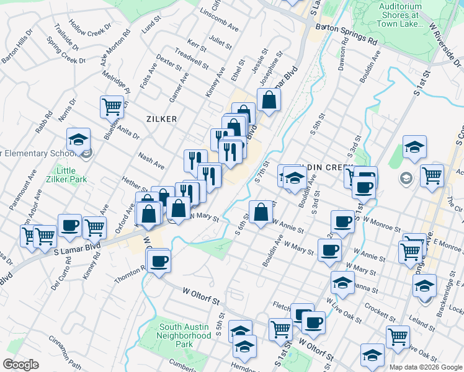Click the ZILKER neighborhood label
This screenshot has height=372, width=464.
(x=162, y=118)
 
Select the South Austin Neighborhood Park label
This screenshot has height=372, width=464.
(x=185, y=335)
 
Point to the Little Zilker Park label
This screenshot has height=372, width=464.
(x=66, y=175)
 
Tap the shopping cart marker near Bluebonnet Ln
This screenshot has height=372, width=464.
(x=112, y=107)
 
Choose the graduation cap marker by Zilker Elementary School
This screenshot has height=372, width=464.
(x=79, y=139)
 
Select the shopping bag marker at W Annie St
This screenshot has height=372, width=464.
(x=261, y=211)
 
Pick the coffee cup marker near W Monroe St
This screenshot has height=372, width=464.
(x=342, y=221)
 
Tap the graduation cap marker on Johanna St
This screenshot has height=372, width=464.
(x=342, y=283)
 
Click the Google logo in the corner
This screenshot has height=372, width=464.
(x=20, y=365)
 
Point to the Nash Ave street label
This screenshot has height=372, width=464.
(x=151, y=162)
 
